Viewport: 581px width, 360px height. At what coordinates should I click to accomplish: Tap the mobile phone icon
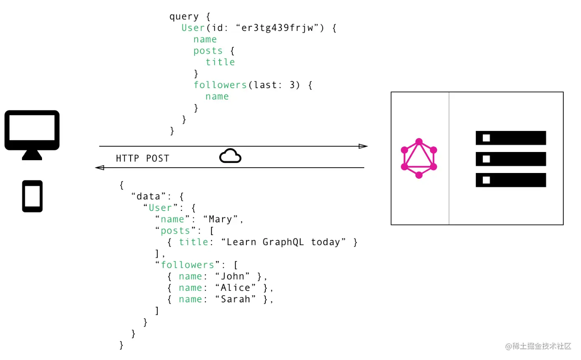click(32, 196)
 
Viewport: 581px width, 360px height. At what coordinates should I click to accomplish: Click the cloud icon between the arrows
click(230, 156)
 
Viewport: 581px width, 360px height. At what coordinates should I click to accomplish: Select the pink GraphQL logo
click(419, 159)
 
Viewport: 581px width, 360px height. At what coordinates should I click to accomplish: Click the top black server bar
click(511, 138)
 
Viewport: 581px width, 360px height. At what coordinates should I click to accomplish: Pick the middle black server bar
click(511, 159)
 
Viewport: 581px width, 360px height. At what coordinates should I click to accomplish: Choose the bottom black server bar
click(511, 180)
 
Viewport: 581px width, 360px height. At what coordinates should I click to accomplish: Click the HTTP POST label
click(142, 159)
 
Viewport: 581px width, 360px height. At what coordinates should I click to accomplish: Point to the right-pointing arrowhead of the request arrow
click(363, 146)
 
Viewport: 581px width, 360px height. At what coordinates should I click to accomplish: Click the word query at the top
click(184, 16)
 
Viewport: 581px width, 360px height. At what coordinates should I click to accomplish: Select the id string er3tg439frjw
click(277, 28)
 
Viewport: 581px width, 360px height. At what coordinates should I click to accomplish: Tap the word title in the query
click(220, 62)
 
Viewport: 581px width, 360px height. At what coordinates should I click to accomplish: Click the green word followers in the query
click(220, 85)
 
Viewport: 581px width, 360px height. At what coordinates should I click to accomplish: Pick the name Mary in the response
click(220, 219)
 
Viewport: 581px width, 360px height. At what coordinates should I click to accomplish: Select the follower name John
click(232, 276)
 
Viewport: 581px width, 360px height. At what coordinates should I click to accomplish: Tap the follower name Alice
click(235, 288)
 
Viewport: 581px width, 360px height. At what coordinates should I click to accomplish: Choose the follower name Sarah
click(235, 299)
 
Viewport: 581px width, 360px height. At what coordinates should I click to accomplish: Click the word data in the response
click(148, 196)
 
